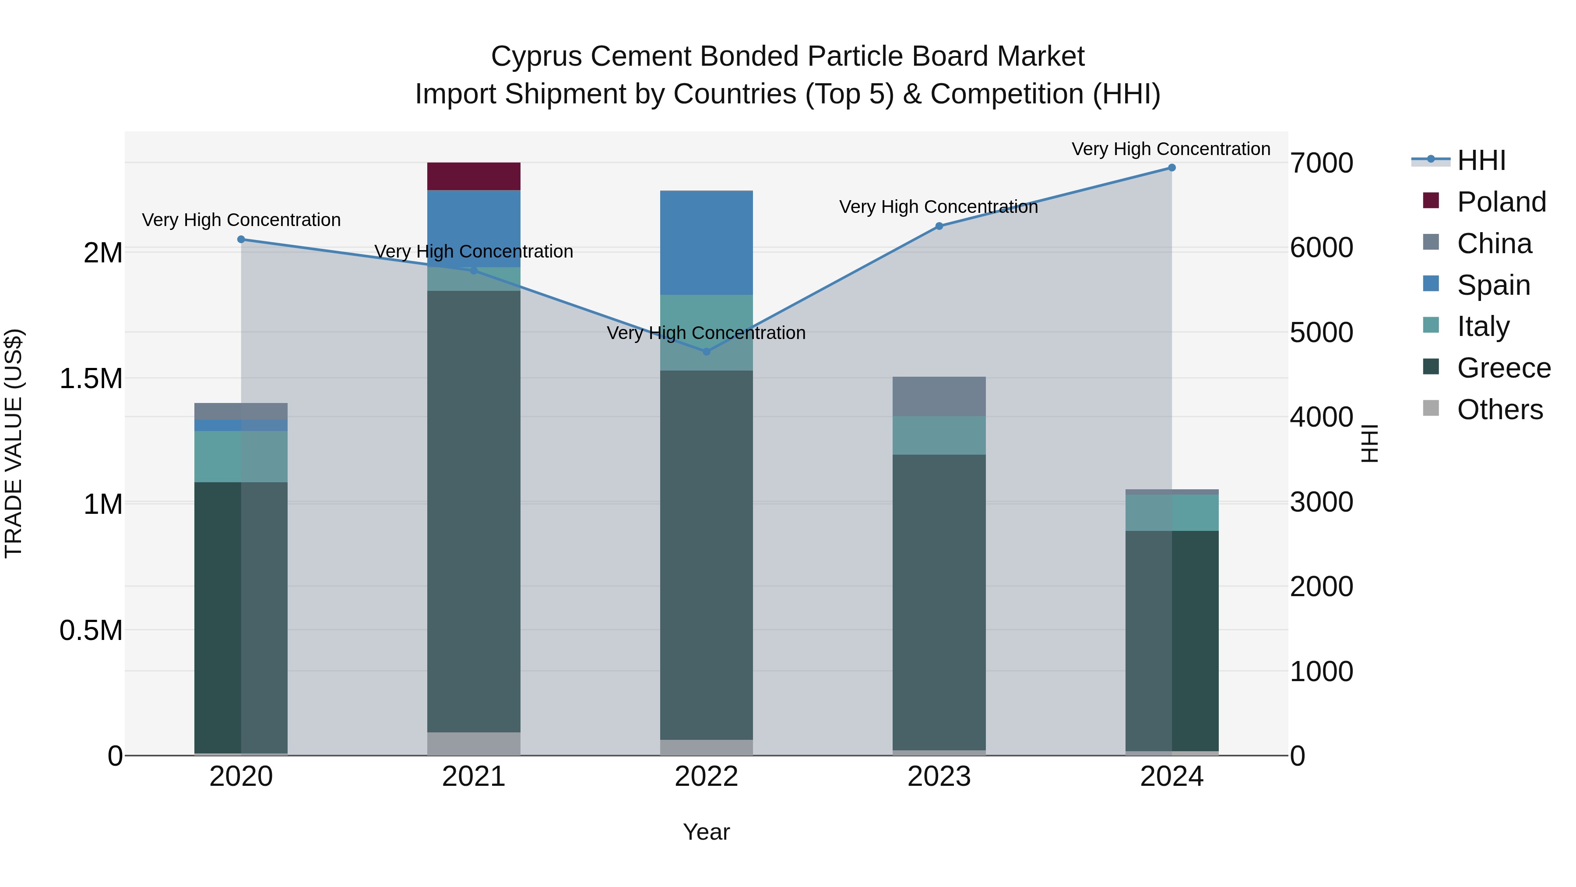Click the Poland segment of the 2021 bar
pyautogui.click(x=474, y=176)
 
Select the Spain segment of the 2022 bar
pyautogui.click(x=706, y=243)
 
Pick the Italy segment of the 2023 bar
pyautogui.click(x=939, y=435)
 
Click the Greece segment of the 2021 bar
pyautogui.click(x=474, y=511)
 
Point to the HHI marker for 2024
pyautogui.click(x=1171, y=168)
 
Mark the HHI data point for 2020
pyautogui.click(x=241, y=239)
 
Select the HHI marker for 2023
pyautogui.click(x=939, y=226)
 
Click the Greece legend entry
pyautogui.click(x=1503, y=368)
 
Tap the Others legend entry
pyautogui.click(x=1499, y=410)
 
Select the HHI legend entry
pyautogui.click(x=1481, y=160)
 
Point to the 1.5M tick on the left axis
pyautogui.click(x=91, y=379)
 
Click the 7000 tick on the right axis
pyautogui.click(x=1322, y=163)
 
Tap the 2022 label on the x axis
pyautogui.click(x=706, y=777)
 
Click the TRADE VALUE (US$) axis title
pyautogui.click(x=14, y=443)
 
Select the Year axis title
pyautogui.click(x=706, y=832)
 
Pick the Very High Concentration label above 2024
pyautogui.click(x=1170, y=149)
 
